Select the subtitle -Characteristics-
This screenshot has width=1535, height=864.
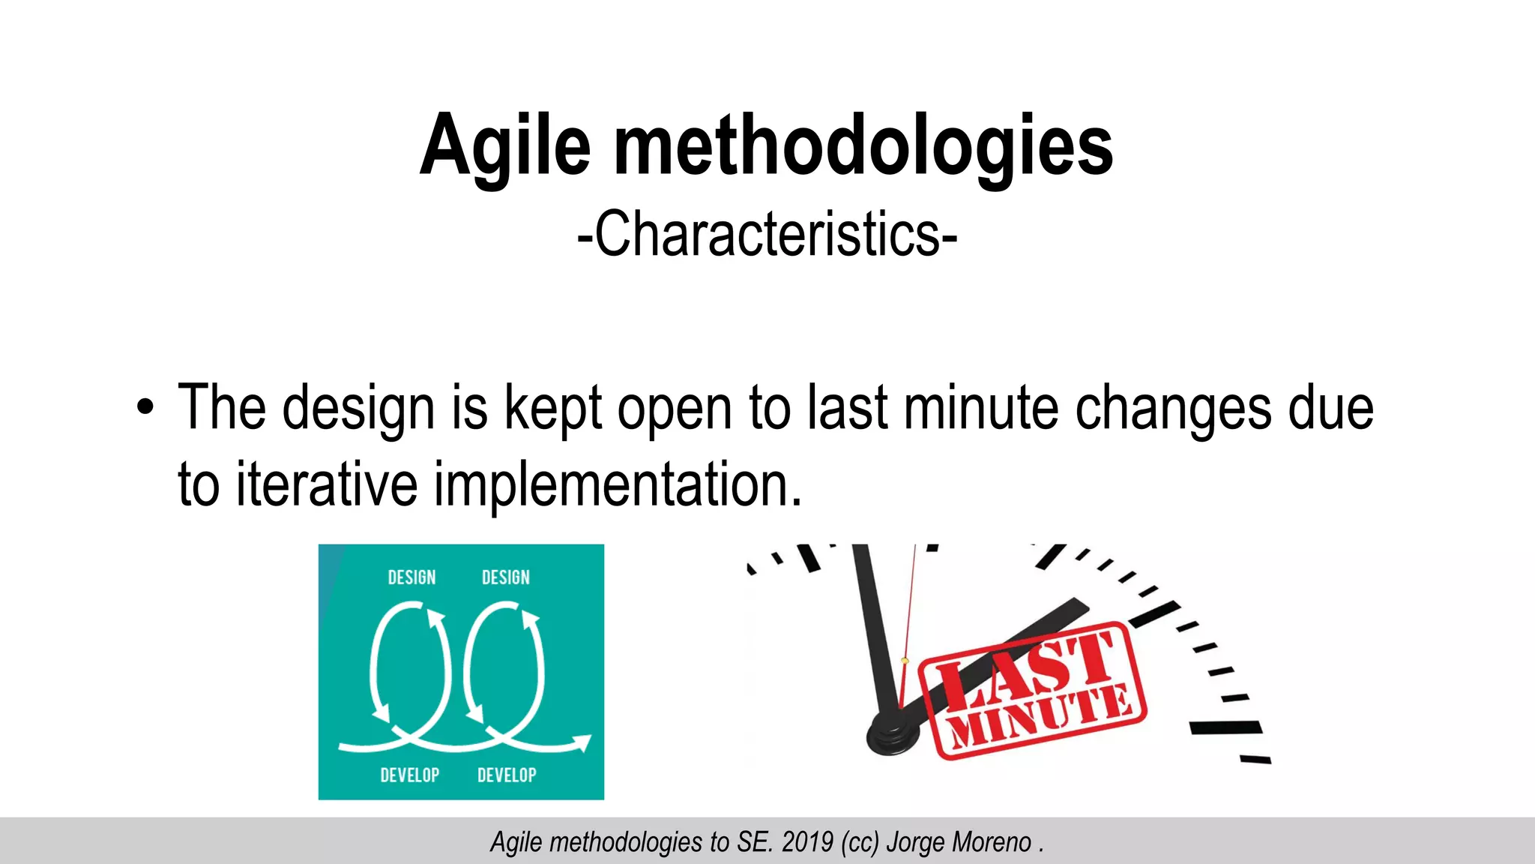pyautogui.click(x=767, y=235)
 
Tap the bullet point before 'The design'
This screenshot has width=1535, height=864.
pyautogui.click(x=145, y=409)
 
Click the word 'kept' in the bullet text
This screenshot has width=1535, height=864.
pyautogui.click(x=553, y=409)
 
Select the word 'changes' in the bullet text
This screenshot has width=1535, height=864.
pyautogui.click(x=1174, y=409)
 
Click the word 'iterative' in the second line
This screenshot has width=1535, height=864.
pyautogui.click(x=327, y=485)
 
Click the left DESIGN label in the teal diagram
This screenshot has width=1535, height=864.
pyautogui.click(x=411, y=577)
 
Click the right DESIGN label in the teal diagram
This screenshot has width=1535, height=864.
pyautogui.click(x=506, y=577)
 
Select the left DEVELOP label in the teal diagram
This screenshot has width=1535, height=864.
pyautogui.click(x=409, y=775)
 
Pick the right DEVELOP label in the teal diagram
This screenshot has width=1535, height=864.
pyautogui.click(x=507, y=775)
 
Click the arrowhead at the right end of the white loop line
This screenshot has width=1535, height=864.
pyautogui.click(x=582, y=743)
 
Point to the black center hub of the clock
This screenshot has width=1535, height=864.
pyautogui.click(x=893, y=735)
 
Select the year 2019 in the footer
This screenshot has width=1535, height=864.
pyautogui.click(x=807, y=842)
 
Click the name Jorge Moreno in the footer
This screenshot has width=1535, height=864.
pyautogui.click(x=959, y=842)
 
